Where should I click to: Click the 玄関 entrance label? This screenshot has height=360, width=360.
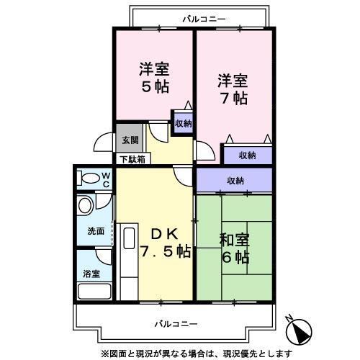[130, 140]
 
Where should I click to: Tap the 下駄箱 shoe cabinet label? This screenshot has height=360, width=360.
[132, 159]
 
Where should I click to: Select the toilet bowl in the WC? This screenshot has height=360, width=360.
[90, 178]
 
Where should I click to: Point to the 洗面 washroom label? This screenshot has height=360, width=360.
[96, 231]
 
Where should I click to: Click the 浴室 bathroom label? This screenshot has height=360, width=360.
[91, 274]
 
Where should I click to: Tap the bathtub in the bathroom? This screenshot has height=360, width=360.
[94, 292]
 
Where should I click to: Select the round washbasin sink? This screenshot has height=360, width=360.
[85, 207]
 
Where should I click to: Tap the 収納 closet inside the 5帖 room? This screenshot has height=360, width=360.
[183, 123]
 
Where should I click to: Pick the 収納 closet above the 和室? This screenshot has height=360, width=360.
[235, 180]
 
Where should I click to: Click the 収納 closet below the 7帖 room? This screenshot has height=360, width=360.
[247, 155]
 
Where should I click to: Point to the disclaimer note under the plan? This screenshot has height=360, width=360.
[197, 352]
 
